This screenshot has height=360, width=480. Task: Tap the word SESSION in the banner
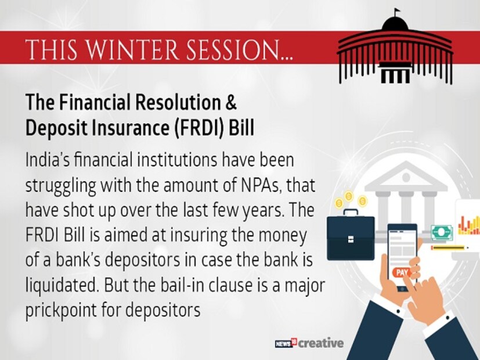point(234,49)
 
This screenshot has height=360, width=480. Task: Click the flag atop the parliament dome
point(397,11)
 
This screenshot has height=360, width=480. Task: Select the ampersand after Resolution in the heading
point(231,102)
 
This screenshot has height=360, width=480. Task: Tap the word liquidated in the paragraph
point(62,286)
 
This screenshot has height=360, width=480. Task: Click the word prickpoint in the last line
point(61,311)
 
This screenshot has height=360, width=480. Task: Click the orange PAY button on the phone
point(402,272)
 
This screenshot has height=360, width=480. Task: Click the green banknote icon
point(442,233)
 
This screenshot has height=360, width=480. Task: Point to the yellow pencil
point(450,247)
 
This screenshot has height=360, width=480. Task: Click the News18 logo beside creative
point(286,343)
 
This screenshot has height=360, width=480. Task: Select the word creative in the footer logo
point(321,343)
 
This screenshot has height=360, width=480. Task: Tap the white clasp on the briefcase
point(351,239)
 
